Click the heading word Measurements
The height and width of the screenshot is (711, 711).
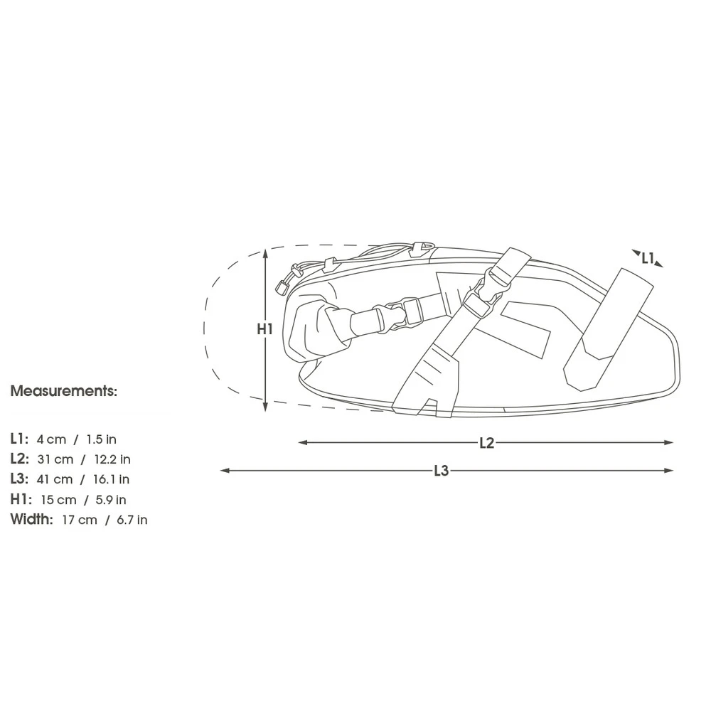coord(63,391)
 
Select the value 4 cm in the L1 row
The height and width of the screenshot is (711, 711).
coord(51,440)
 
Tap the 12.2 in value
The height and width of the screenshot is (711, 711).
coord(112,460)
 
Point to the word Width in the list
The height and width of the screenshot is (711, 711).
coord(31,520)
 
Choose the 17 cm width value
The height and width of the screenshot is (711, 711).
coord(79,520)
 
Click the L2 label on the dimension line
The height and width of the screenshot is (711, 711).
coord(486,443)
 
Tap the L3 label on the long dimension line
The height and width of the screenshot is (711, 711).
coord(442,471)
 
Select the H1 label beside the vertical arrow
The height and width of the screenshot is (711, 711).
coord(264,329)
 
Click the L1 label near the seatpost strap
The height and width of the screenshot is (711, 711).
coord(647,259)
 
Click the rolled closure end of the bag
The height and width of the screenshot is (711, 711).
coord(316,328)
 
